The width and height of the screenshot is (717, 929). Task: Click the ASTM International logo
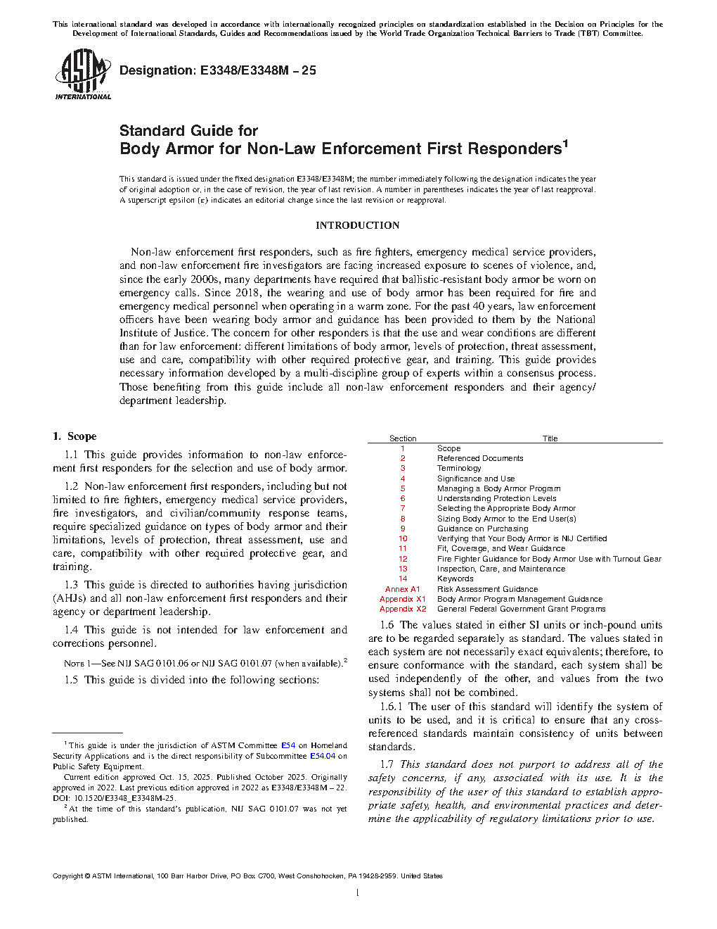coord(83,74)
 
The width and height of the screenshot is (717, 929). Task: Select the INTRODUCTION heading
coord(357,225)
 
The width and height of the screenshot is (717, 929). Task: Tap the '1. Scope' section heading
coord(75,436)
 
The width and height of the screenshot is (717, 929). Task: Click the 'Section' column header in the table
coord(403,438)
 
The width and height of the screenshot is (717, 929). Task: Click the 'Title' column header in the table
coord(550,438)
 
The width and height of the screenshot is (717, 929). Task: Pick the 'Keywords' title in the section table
coord(456,579)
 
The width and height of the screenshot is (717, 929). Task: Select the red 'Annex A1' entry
coord(402,589)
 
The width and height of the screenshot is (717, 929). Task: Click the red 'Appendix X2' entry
coord(403,609)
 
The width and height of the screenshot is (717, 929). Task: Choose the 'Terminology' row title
coord(459,468)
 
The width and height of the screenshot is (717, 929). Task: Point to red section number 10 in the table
coord(403,538)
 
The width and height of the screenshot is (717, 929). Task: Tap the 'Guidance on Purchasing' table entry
coord(482,529)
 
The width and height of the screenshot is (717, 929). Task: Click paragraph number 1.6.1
coord(392,707)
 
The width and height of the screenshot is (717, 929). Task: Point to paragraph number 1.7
coord(387,764)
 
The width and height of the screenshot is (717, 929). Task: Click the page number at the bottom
coord(358,893)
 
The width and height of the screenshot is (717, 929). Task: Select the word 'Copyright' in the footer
coord(68,876)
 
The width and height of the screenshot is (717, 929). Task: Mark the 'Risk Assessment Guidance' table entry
coord(487,589)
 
